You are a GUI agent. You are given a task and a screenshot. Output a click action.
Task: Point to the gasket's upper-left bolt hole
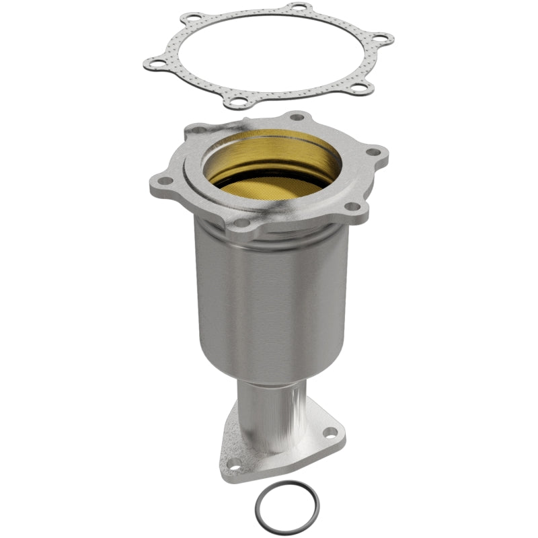tap(194, 18)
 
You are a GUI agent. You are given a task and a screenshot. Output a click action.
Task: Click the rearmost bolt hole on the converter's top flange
tap(296, 117)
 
